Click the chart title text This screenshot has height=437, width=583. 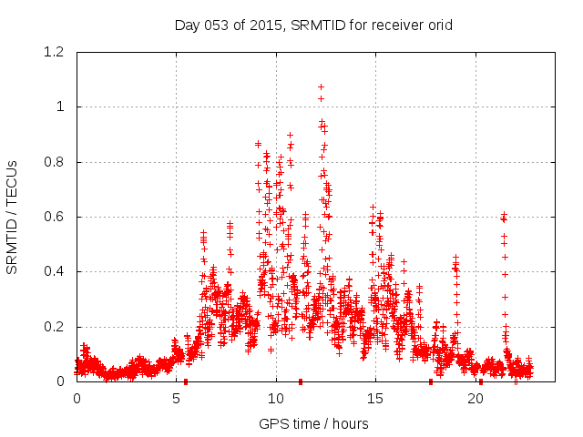(313, 25)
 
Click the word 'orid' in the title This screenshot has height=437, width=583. (438, 25)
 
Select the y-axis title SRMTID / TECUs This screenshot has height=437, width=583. (12, 217)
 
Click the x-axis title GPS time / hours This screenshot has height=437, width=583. (313, 423)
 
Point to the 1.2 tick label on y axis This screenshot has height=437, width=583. (54, 52)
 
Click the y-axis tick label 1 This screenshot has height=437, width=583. (60, 107)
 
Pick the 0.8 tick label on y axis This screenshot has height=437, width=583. (54, 162)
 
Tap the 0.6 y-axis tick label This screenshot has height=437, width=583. (54, 217)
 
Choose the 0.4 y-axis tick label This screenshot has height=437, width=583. (54, 271)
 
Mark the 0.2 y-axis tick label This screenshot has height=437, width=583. (54, 327)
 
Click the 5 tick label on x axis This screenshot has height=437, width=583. (176, 398)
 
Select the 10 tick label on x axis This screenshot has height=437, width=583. (276, 398)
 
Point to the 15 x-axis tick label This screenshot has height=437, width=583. (375, 398)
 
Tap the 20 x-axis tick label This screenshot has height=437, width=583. (476, 398)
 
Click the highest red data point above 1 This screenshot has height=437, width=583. (321, 87)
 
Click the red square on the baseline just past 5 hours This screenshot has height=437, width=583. (186, 381)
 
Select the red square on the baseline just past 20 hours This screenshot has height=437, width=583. (481, 381)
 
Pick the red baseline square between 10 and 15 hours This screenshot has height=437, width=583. (301, 381)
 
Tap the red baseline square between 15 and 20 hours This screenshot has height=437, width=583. (431, 381)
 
